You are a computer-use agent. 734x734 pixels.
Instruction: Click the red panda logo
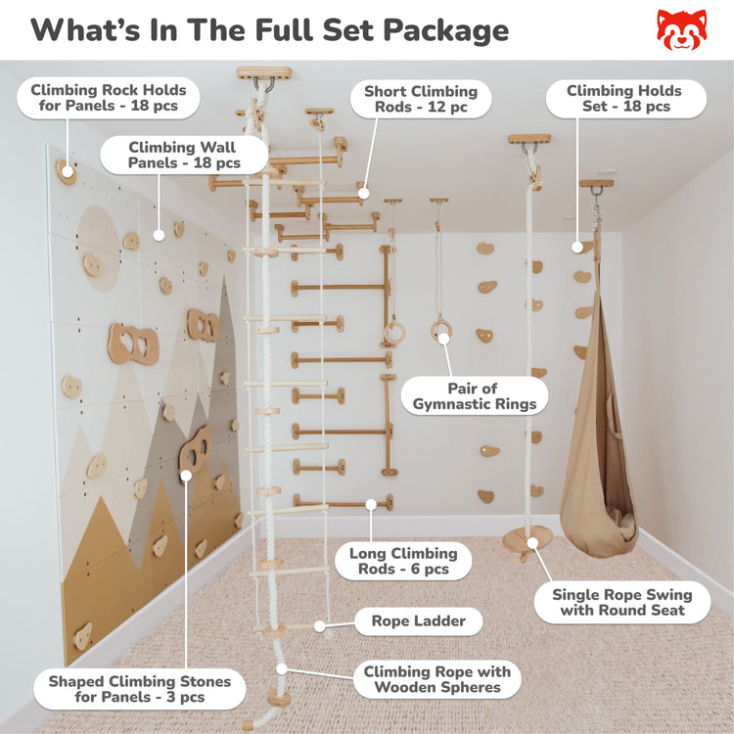681,30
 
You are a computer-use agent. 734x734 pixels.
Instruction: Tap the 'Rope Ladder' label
418,621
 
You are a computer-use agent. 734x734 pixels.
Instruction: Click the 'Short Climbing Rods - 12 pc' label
421,99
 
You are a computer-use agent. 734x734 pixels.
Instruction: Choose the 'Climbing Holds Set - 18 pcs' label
623,99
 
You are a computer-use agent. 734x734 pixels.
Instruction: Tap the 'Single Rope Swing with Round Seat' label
621,602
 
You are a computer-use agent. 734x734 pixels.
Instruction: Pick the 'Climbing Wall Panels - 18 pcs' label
184,155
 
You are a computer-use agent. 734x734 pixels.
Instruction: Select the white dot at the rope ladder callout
317,624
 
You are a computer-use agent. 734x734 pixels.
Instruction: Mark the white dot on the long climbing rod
371,505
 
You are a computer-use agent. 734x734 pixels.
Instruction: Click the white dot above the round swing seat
532,541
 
